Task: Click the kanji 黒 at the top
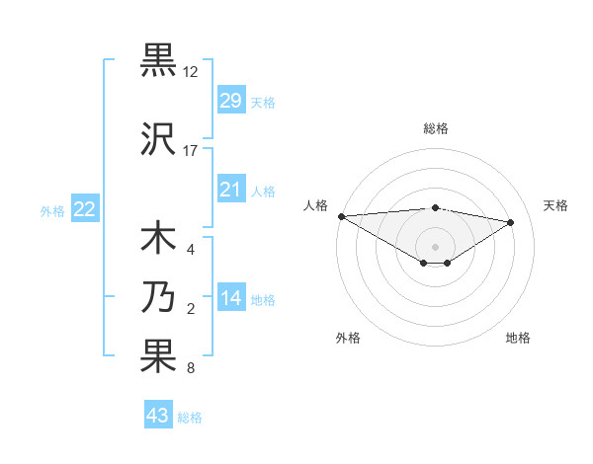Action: click(x=159, y=59)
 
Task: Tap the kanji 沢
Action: click(x=159, y=139)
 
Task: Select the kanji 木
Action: click(x=159, y=240)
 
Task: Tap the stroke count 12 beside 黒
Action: click(x=191, y=72)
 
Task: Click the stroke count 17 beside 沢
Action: click(x=191, y=151)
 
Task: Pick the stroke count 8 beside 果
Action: click(x=190, y=369)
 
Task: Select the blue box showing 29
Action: click(x=230, y=101)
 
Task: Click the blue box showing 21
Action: click(x=230, y=190)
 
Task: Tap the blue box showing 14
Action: click(x=230, y=298)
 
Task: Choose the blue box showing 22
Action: click(x=85, y=209)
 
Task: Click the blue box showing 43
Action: click(x=158, y=416)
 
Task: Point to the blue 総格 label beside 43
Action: click(x=190, y=418)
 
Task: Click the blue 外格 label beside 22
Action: click(x=52, y=210)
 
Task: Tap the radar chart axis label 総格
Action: click(x=436, y=128)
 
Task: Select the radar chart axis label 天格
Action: click(x=555, y=205)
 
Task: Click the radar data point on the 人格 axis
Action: click(x=341, y=216)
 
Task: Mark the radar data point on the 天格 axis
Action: click(x=511, y=222)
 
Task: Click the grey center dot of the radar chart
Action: click(x=435, y=247)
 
